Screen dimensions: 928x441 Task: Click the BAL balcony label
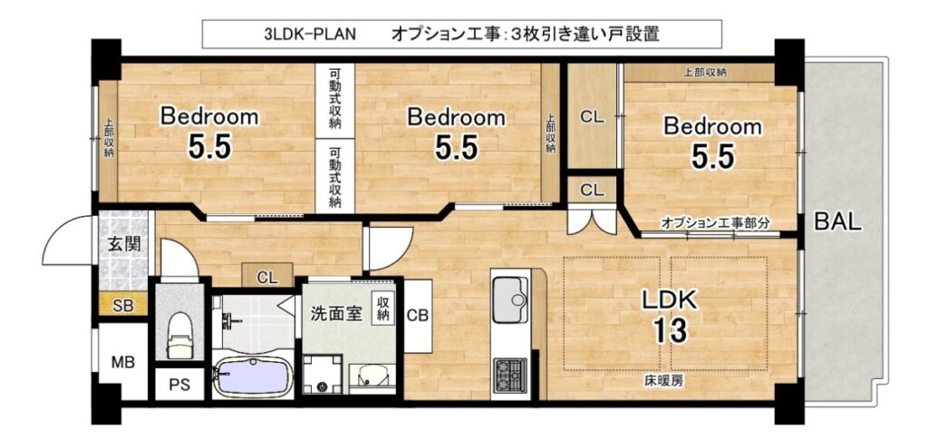(x=837, y=222)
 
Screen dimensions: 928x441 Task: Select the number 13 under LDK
(x=671, y=330)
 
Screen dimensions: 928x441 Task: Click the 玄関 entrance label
(x=124, y=243)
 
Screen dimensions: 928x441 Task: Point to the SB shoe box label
(x=123, y=306)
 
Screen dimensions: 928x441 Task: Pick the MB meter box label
(x=123, y=361)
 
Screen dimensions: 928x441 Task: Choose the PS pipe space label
(x=180, y=385)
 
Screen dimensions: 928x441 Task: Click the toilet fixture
(x=179, y=336)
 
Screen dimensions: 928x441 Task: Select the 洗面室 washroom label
(x=337, y=314)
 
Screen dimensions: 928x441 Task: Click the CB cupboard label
(x=418, y=316)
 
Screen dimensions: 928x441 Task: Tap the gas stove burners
(x=510, y=375)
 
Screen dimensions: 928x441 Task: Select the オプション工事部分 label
(x=716, y=223)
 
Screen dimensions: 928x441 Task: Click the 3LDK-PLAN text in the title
(x=310, y=34)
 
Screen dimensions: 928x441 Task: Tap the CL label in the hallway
(x=267, y=276)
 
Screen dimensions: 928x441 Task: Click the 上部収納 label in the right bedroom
(x=705, y=73)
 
